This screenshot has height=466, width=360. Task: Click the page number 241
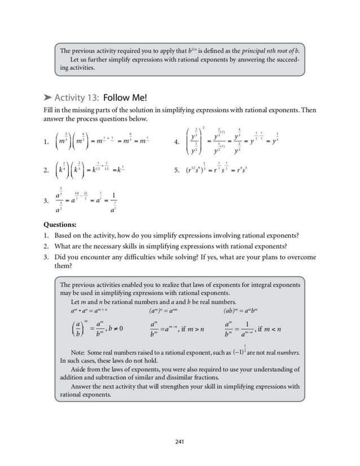coord(179,442)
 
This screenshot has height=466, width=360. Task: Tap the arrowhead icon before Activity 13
coord(47,97)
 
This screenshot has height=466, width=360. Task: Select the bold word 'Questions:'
coord(60,224)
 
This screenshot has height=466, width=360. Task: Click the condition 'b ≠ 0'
coord(114,329)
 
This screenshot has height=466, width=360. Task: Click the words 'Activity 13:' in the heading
coord(75,96)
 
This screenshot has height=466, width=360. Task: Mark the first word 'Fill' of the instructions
coord(49,110)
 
